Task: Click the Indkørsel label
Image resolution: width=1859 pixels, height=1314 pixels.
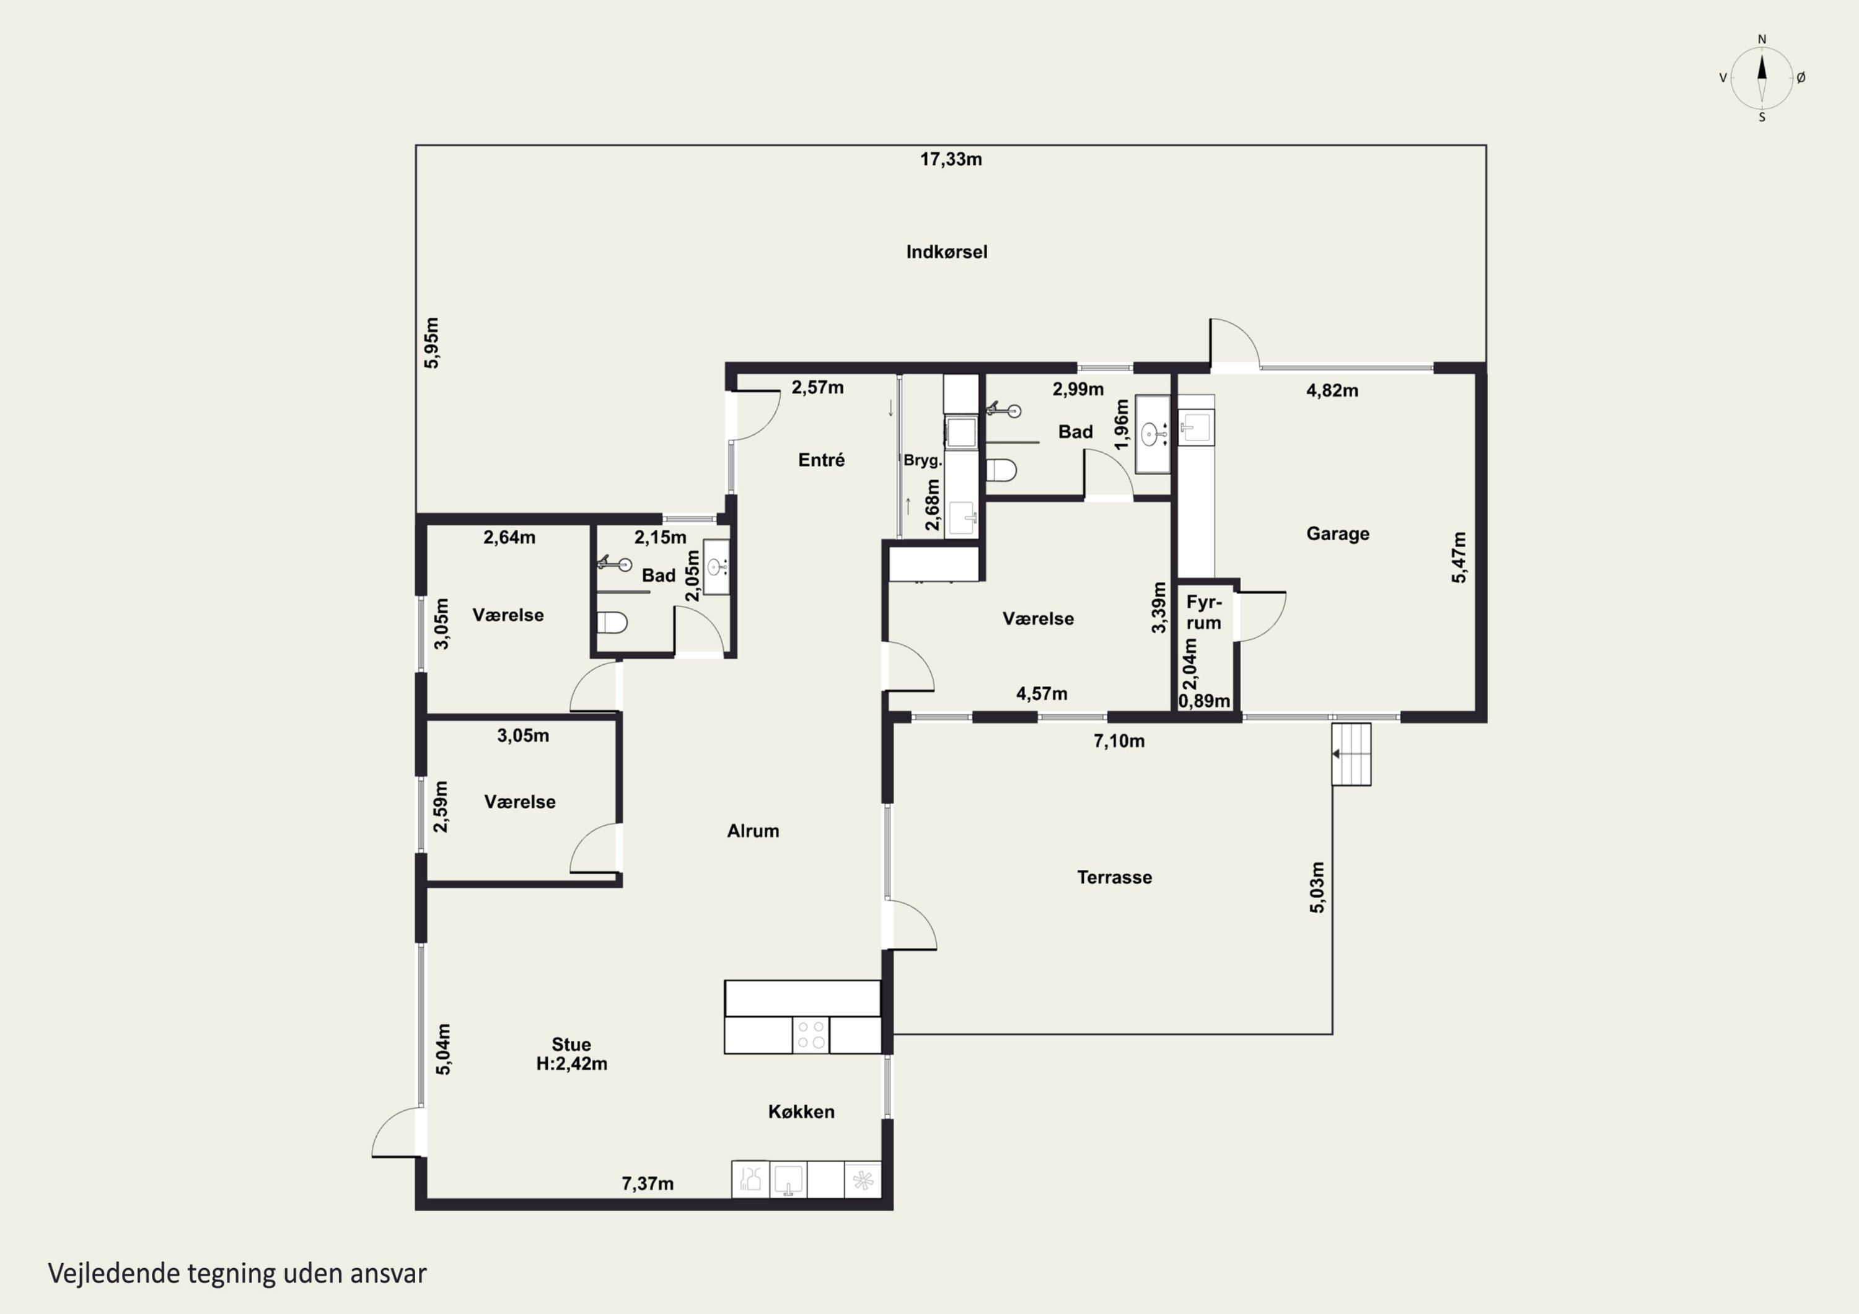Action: coord(946,252)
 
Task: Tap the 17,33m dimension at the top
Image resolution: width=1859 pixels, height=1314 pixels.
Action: coord(951,159)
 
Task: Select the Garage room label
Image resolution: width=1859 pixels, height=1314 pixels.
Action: coord(1338,533)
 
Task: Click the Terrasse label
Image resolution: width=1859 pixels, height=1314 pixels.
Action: coord(1114,877)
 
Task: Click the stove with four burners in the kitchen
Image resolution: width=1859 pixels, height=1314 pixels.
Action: coord(811,1035)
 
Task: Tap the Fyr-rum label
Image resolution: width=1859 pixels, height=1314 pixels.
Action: coord(1204,613)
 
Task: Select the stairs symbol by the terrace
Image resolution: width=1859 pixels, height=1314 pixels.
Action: coord(1351,754)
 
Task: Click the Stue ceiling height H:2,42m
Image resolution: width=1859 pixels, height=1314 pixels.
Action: coord(571,1064)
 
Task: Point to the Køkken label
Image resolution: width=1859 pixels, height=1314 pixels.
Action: coord(801,1111)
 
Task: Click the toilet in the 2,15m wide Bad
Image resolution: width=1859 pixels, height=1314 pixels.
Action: coord(612,623)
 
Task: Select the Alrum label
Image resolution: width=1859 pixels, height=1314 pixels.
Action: coord(753,831)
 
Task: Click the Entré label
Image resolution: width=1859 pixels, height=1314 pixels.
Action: coord(821,460)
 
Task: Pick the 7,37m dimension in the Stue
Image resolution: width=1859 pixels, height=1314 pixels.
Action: coord(648,1184)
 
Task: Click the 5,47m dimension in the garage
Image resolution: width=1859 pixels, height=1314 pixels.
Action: coord(1458,557)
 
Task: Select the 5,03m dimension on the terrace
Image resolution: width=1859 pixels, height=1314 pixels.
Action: coord(1317,887)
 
